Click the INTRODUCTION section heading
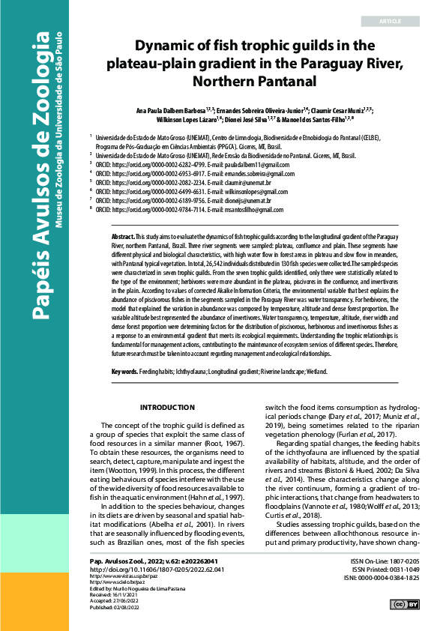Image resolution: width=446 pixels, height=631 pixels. click(168, 408)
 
